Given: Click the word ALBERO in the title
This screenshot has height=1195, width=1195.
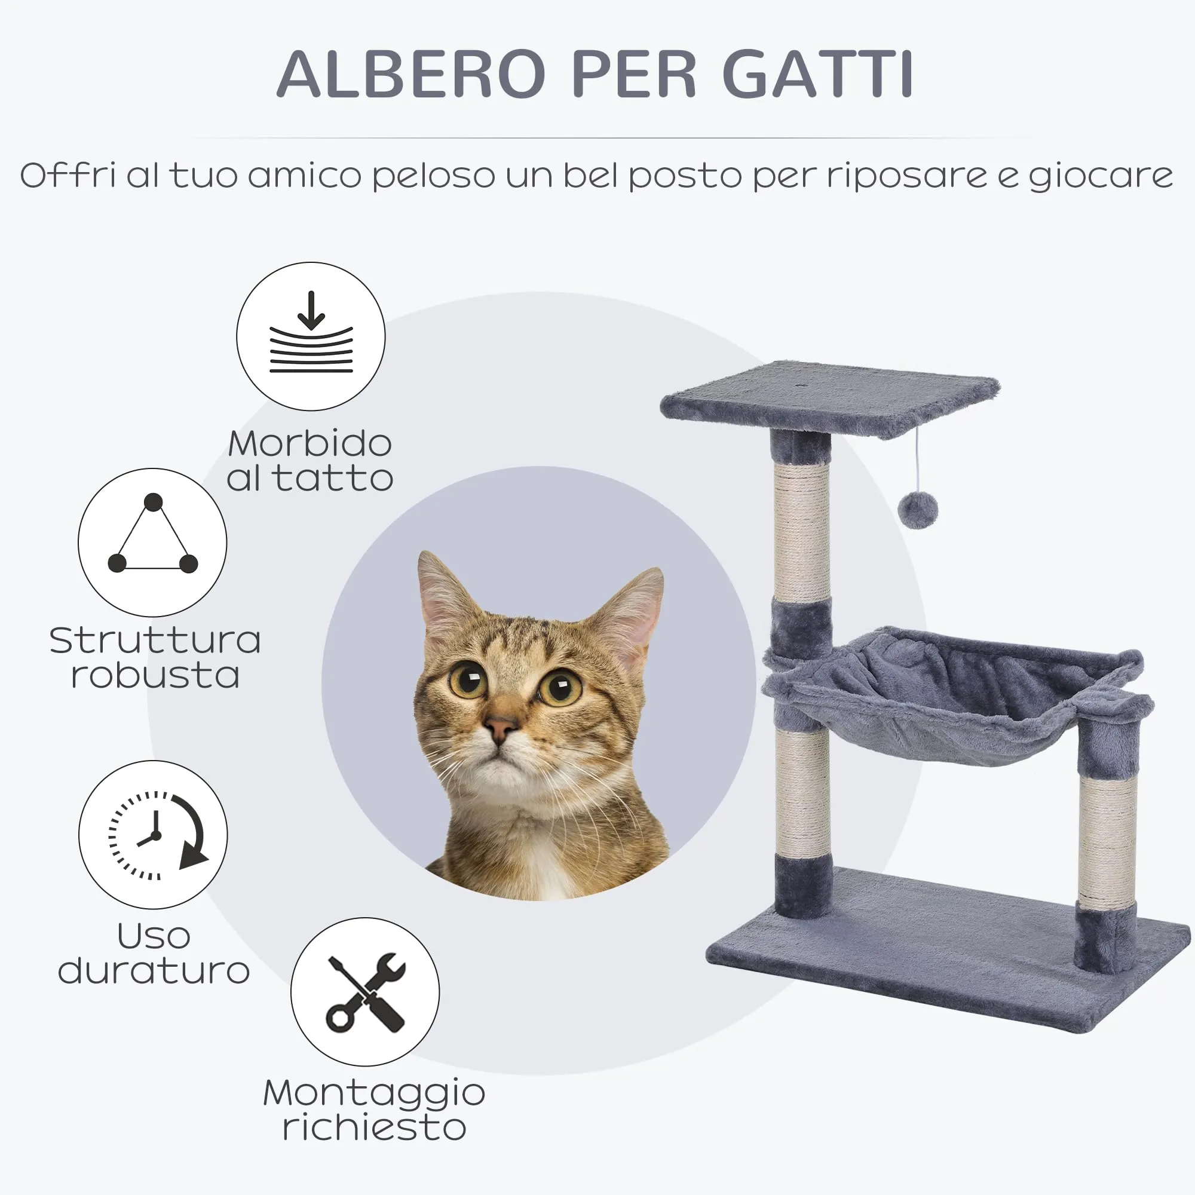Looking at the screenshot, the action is point(411,73).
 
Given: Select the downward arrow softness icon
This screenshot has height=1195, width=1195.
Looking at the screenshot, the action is point(311,332).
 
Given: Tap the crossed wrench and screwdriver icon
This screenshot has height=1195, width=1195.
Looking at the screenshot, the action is point(366,992).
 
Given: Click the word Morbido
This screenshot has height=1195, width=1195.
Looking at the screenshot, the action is point(310,443).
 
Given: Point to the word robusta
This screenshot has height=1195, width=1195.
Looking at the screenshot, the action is point(155,675).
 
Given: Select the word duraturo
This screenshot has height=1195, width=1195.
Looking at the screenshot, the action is point(154,970).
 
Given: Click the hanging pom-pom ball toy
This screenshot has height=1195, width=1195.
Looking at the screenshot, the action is point(918,510).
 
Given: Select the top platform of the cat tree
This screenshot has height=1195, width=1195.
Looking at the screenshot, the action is point(830,400).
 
